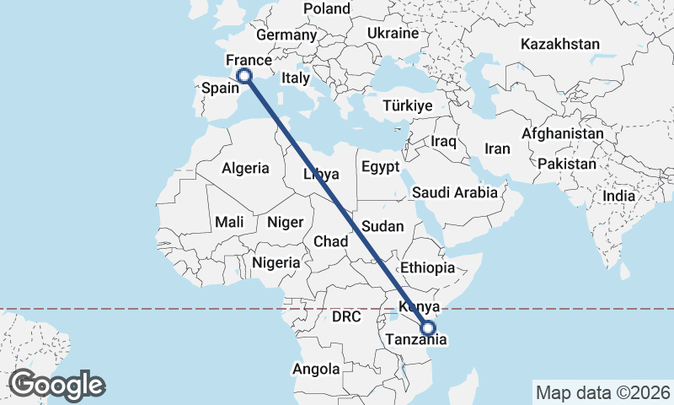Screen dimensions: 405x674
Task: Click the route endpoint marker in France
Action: (244, 76)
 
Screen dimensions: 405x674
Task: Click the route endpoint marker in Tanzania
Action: (428, 328)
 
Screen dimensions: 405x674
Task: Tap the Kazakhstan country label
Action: (560, 44)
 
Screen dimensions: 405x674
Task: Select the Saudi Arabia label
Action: (455, 192)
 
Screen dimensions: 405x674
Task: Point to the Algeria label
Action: (246, 168)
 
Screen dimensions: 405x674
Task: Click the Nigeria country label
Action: (275, 262)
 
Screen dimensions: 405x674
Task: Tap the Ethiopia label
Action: (428, 267)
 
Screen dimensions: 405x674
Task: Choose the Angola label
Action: (316, 369)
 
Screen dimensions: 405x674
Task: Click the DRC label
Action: (346, 317)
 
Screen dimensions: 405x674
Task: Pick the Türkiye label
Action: (407, 106)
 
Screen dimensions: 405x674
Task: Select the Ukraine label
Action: (393, 34)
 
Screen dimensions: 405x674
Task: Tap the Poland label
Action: (327, 8)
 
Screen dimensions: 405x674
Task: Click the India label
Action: (619, 196)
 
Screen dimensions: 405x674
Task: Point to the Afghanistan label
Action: (563, 133)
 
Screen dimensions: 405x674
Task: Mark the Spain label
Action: (217, 88)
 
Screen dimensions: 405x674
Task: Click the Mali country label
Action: (229, 222)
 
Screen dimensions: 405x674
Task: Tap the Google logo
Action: (56, 385)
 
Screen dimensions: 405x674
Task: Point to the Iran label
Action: (497, 148)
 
